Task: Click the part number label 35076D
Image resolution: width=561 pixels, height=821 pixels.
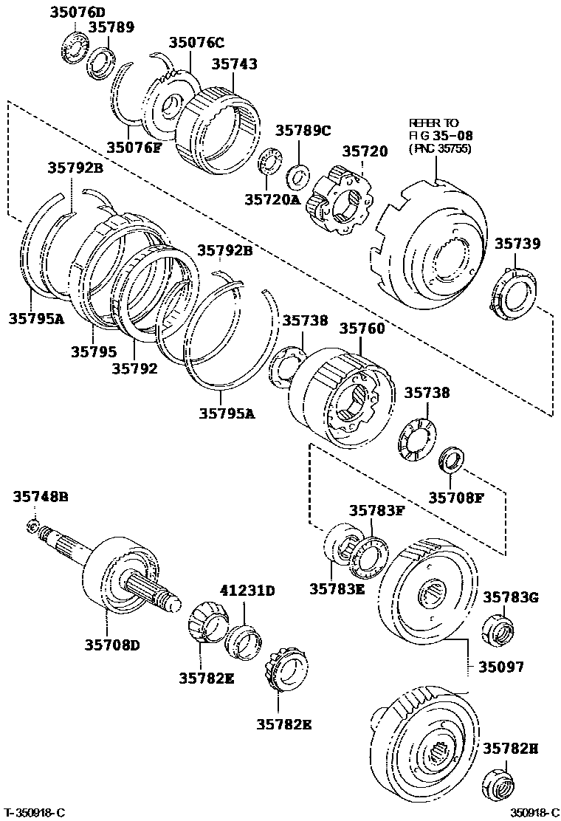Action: click(x=78, y=12)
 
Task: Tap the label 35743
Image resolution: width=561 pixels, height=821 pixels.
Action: click(x=235, y=65)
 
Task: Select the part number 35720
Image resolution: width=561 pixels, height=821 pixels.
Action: click(x=364, y=152)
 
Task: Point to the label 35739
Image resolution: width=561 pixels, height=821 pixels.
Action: click(x=517, y=244)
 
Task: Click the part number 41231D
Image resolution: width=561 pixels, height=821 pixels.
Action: click(x=247, y=591)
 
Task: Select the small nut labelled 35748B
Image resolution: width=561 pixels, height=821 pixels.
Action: click(x=32, y=526)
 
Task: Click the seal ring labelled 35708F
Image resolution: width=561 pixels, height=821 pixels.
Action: click(x=450, y=459)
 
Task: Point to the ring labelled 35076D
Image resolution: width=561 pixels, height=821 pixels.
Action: click(x=72, y=45)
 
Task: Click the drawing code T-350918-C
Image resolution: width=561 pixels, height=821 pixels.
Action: click(x=33, y=811)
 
